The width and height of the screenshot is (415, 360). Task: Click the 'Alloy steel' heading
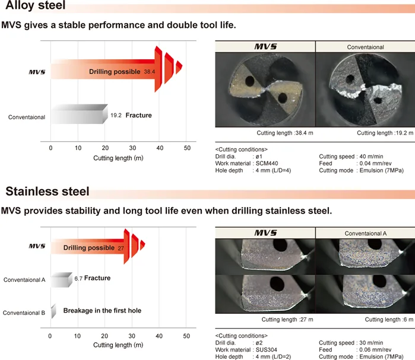coord(36,7)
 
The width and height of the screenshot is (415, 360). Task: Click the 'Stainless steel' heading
coord(47,191)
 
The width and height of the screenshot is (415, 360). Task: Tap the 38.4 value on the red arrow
coord(149,71)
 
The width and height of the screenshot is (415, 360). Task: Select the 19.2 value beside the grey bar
coord(116,115)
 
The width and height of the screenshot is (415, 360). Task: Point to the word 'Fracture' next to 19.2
coord(138,115)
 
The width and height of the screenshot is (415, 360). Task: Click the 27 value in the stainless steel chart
coord(121,248)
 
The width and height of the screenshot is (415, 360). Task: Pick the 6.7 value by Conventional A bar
coord(78,278)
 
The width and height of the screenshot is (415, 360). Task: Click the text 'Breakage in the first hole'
coord(102,310)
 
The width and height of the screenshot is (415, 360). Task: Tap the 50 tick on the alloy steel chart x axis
coord(187,148)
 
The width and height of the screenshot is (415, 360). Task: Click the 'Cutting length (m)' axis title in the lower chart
coord(118,345)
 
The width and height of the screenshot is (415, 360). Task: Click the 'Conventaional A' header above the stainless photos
coord(366,233)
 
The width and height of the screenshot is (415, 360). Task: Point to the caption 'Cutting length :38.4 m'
coord(284,133)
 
